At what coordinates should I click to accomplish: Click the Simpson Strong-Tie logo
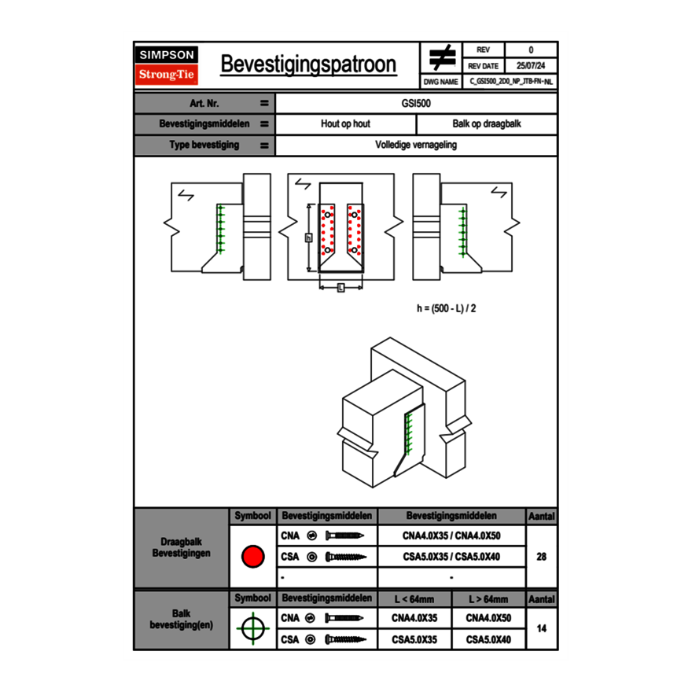[x=167, y=65]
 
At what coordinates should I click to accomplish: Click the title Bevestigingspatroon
[x=307, y=64]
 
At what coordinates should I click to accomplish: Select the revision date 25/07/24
[x=531, y=66]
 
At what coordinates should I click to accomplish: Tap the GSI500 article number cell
[x=416, y=103]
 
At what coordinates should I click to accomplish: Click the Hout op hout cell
[x=345, y=124]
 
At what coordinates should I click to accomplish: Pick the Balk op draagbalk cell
[x=487, y=124]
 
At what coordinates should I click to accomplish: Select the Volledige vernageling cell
[x=416, y=145]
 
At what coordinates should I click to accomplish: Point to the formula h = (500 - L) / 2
[x=446, y=308]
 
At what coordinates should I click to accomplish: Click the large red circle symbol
[x=252, y=557]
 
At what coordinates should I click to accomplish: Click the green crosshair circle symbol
[x=252, y=628]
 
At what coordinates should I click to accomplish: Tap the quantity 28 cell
[x=541, y=557]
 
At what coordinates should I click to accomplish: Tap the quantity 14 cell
[x=541, y=628]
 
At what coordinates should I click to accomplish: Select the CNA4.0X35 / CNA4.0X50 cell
[x=451, y=536]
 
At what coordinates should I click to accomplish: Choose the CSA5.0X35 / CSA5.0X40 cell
[x=451, y=557]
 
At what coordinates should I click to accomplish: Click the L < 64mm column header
[x=414, y=599]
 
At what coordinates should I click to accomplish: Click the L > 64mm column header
[x=488, y=599]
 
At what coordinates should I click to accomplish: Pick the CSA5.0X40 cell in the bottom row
[x=488, y=640]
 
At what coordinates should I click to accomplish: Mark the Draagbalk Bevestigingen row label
[x=181, y=548]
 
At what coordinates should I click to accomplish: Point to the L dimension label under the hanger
[x=340, y=287]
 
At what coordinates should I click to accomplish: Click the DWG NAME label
[x=440, y=81]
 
